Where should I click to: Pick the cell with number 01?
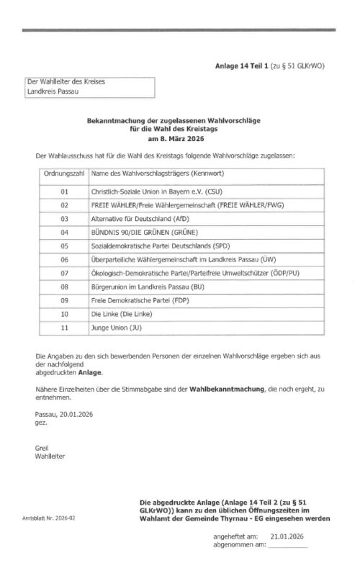tap(64, 192)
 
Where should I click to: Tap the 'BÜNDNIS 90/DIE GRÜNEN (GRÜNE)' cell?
tap(144, 232)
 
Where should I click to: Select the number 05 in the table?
tap(64, 246)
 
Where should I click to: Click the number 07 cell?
tap(64, 273)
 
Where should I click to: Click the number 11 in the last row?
tap(64, 328)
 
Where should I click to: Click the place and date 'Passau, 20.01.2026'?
tap(64, 414)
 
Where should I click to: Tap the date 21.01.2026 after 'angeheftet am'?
tap(287, 536)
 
